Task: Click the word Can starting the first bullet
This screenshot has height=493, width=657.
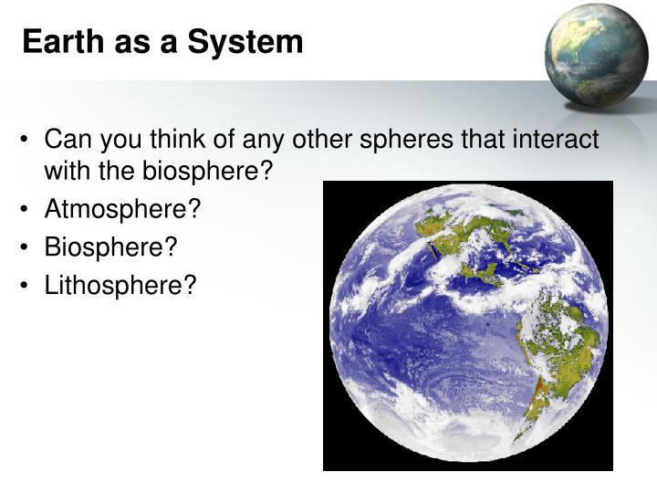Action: (64, 140)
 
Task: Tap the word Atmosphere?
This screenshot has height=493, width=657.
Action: (122, 209)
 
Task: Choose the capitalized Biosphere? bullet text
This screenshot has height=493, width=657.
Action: (110, 247)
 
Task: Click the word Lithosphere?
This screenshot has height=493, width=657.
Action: (120, 286)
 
